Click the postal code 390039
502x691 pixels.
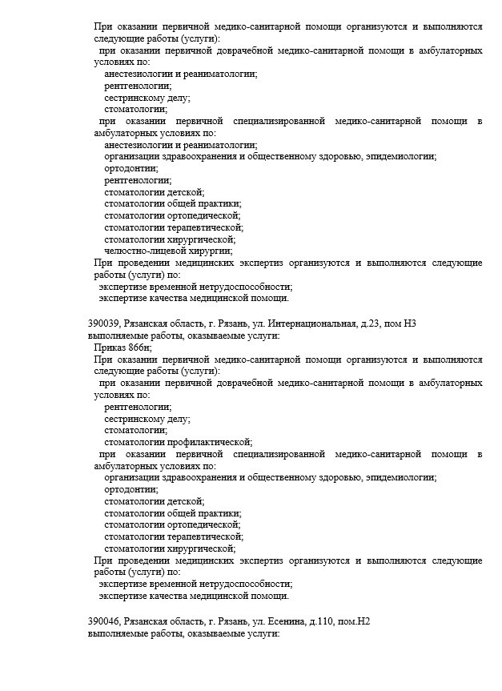(x=104, y=323)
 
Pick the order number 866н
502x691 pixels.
(x=141, y=348)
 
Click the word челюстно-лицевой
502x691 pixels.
(x=139, y=251)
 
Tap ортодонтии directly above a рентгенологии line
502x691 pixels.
(x=131, y=168)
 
